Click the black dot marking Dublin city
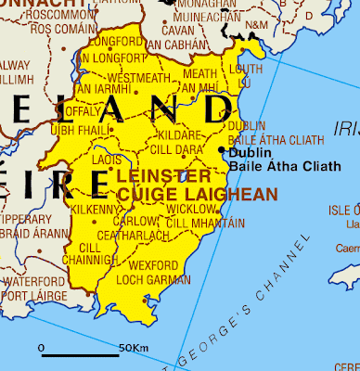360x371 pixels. [x=221, y=149]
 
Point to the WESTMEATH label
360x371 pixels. [x=139, y=77]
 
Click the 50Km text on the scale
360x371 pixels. [x=134, y=348]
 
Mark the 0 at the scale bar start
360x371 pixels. [x=41, y=348]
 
